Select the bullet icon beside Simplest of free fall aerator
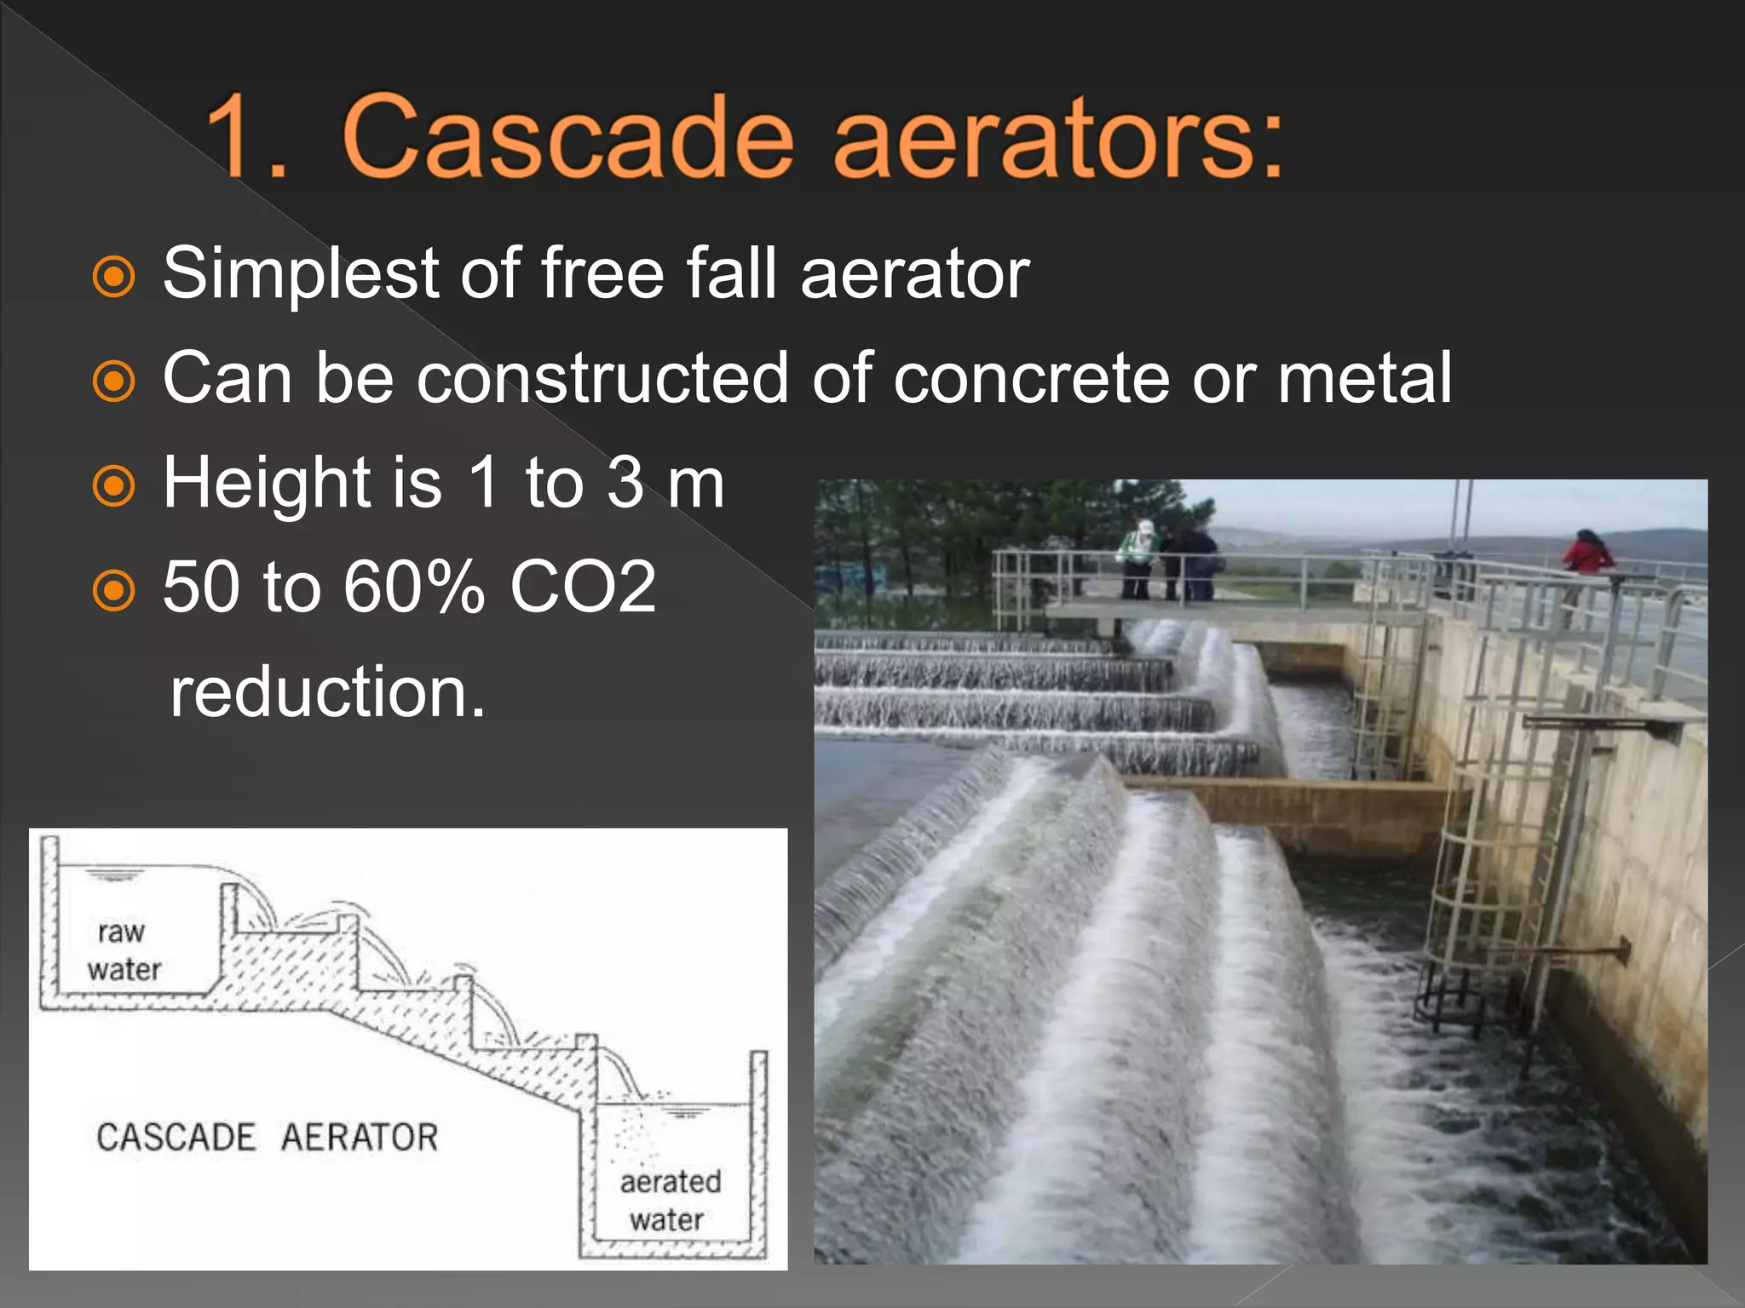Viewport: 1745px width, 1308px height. click(113, 277)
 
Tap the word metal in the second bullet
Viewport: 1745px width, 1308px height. click(1364, 377)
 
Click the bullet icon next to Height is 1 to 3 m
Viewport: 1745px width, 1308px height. click(113, 486)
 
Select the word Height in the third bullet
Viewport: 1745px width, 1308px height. click(265, 483)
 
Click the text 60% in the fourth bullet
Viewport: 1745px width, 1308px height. click(414, 587)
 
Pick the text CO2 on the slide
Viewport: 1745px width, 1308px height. click(583, 587)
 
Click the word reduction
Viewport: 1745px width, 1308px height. click(327, 691)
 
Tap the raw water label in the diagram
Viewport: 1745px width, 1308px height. click(124, 950)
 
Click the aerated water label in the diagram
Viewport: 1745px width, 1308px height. click(670, 1201)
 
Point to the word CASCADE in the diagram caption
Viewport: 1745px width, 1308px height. click(176, 1138)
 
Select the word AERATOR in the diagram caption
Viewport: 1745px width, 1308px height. click(360, 1138)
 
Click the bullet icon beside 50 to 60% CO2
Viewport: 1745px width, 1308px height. click(113, 590)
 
